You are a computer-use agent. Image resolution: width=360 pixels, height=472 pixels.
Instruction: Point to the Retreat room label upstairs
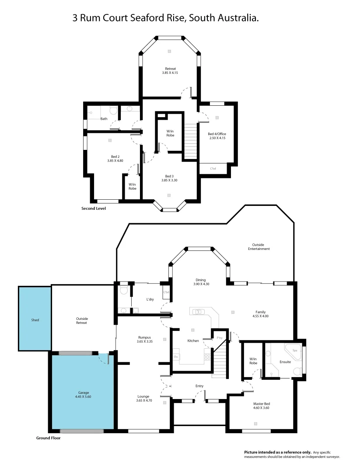[x=170, y=69]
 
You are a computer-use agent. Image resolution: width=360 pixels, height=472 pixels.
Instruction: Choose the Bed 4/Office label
[x=217, y=134]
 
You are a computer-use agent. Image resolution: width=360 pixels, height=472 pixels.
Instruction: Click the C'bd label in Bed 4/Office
[x=213, y=168]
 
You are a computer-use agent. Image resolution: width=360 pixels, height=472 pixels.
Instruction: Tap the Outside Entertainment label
[x=259, y=246]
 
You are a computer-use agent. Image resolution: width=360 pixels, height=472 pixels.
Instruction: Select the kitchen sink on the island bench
[x=199, y=312]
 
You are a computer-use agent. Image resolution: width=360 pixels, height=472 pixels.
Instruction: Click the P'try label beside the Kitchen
[x=219, y=338]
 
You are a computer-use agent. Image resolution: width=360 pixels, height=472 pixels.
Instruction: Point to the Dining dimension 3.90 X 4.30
[x=200, y=284]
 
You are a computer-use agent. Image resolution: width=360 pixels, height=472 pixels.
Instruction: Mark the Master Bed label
[x=260, y=404]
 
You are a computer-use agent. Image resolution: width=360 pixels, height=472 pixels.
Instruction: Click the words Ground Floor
[x=49, y=437]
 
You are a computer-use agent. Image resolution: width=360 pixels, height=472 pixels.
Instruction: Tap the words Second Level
[x=94, y=208]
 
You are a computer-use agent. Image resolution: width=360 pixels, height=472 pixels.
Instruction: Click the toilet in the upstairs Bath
[x=113, y=112]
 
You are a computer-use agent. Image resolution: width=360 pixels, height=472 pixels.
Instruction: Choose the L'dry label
[x=150, y=299]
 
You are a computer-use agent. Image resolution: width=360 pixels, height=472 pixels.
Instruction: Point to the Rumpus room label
[x=144, y=337]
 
